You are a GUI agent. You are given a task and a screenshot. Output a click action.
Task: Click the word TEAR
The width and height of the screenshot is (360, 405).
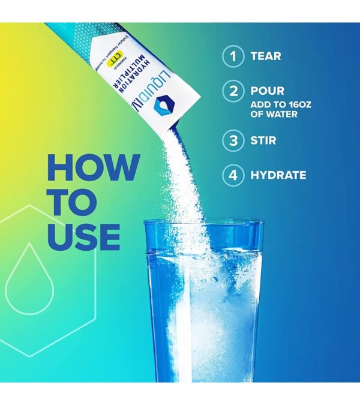(266, 57)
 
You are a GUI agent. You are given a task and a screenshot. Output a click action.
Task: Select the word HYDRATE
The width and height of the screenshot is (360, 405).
(278, 176)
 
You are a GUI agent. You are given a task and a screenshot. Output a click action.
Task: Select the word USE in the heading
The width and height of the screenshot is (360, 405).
(83, 238)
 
